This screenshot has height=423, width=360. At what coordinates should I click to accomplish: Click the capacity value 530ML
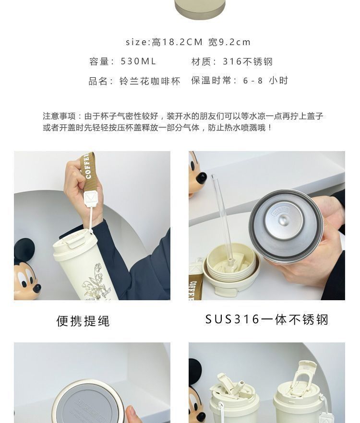[x=138, y=61]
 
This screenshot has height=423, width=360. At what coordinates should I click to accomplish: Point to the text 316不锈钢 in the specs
[x=248, y=61]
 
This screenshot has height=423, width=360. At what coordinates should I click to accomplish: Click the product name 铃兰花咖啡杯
[x=150, y=81]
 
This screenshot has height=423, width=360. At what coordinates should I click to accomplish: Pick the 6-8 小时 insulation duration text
[x=265, y=81]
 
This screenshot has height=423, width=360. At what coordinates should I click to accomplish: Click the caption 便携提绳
[x=83, y=321]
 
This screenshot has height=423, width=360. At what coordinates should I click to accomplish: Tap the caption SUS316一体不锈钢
[x=267, y=319]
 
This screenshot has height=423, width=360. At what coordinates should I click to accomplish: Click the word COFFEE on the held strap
[x=87, y=166]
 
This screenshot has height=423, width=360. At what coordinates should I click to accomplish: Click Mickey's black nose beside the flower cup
[x=37, y=289]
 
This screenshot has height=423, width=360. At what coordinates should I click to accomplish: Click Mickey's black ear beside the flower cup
[x=24, y=250]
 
